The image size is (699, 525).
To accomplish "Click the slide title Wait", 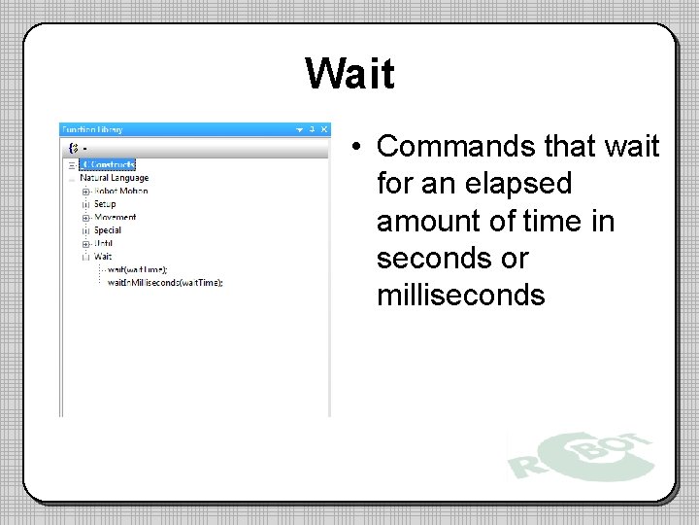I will (x=349, y=73).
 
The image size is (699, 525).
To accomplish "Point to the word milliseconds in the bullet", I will (x=460, y=295).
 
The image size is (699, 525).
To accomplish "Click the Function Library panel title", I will (x=91, y=129).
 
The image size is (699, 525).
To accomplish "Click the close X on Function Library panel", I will (x=323, y=129).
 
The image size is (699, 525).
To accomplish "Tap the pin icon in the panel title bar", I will (x=312, y=129).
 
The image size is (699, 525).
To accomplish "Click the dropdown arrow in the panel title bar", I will (x=300, y=129).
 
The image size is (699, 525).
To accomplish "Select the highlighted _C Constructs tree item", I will (x=107, y=165).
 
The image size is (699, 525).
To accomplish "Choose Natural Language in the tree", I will (x=114, y=178).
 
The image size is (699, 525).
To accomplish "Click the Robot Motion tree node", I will (x=120, y=192).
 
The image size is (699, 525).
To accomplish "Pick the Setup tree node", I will (x=105, y=204).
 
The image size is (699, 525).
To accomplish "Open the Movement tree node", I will (x=115, y=218).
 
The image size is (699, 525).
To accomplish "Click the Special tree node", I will (x=107, y=230).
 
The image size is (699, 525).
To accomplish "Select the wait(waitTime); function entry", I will (x=137, y=269).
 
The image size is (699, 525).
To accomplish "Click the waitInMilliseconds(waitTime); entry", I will (x=165, y=283).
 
